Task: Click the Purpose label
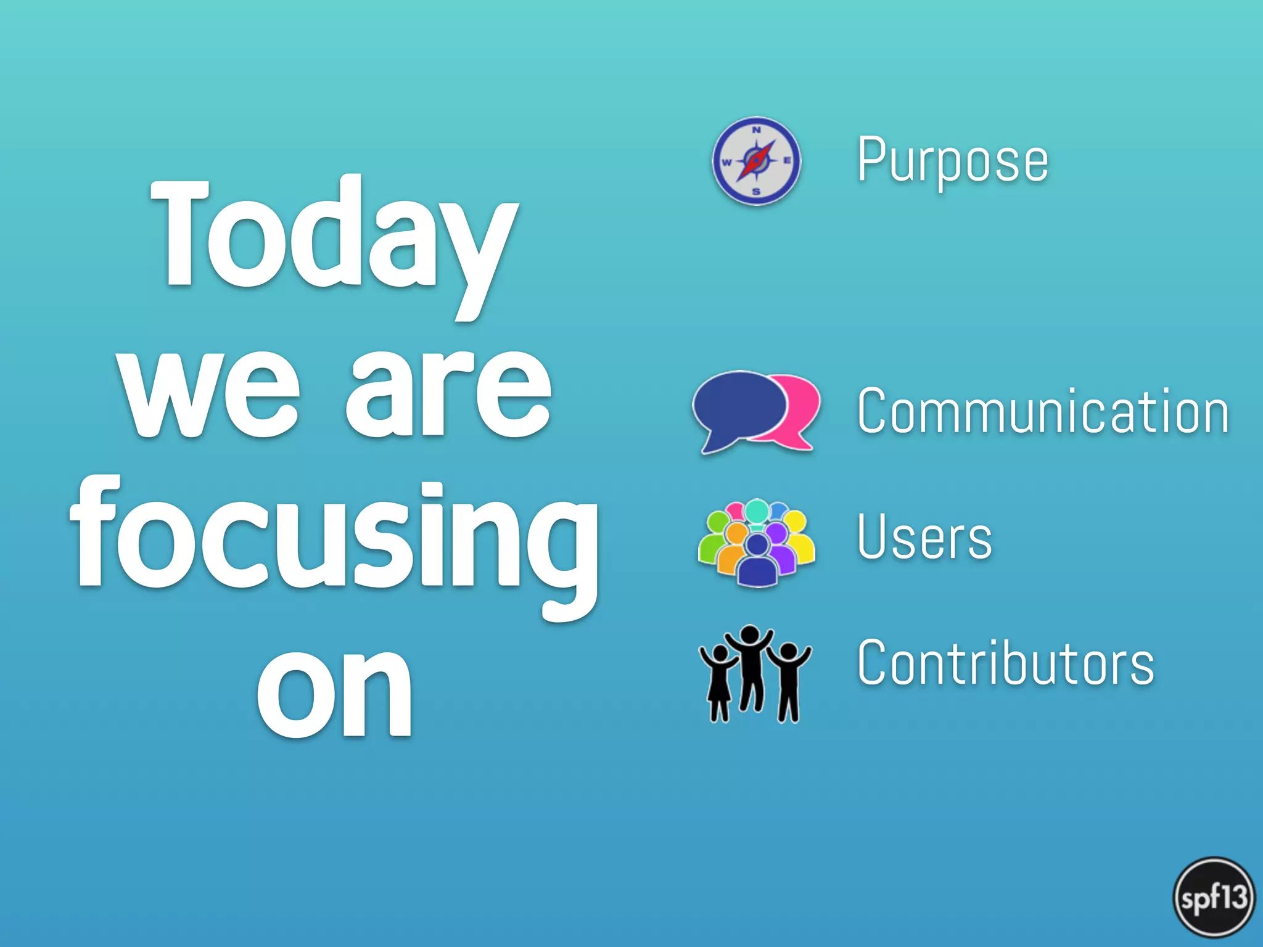pos(953,160)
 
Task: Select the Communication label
pos(1043,411)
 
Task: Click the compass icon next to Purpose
pos(756,161)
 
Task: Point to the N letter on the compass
pos(756,130)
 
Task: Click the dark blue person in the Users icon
pos(757,564)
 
